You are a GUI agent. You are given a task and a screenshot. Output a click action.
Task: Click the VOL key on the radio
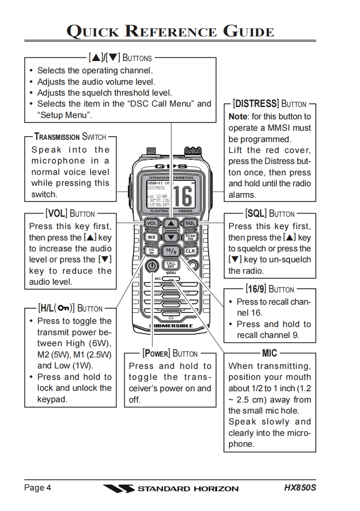(152, 224)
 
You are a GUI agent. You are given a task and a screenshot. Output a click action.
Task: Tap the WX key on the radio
(152, 237)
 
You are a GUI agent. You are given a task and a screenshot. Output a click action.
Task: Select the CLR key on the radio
(190, 251)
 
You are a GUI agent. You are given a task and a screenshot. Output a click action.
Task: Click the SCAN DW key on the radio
(190, 237)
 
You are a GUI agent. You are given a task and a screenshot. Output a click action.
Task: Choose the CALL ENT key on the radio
(171, 265)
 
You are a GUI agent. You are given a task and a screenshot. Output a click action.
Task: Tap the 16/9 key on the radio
(171, 251)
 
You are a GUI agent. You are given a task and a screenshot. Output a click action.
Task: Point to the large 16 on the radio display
(183, 195)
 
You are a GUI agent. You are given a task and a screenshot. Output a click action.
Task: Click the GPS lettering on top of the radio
(171, 167)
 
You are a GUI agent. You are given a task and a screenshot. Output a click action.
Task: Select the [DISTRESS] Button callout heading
(269, 104)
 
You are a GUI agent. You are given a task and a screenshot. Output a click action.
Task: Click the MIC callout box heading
(269, 353)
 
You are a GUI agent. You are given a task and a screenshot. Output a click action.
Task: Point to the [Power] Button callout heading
(170, 353)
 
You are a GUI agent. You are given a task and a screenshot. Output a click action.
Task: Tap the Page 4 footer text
(37, 488)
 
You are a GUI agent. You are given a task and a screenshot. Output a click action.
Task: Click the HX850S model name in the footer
(300, 488)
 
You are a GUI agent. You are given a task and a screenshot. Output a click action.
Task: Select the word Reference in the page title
(169, 32)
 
